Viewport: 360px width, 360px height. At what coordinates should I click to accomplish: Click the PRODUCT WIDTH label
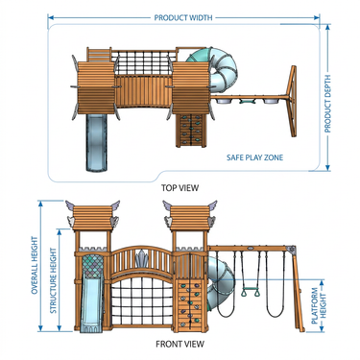pyautogui.click(x=183, y=17)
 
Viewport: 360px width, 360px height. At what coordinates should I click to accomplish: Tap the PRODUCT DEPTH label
pyautogui.click(x=327, y=104)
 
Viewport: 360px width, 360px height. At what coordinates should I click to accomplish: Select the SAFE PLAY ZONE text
pyautogui.click(x=254, y=157)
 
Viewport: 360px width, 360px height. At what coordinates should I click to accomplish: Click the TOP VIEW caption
pyautogui.click(x=180, y=187)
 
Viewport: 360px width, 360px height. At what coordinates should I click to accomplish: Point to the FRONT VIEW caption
pyautogui.click(x=180, y=344)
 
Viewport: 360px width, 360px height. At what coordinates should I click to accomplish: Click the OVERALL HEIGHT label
pyautogui.click(x=35, y=265)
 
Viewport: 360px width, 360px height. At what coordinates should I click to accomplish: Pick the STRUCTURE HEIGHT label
pyautogui.click(x=53, y=280)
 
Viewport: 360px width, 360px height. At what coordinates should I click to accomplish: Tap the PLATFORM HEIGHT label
pyautogui.click(x=319, y=306)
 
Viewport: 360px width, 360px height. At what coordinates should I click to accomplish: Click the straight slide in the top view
pyautogui.click(x=96, y=142)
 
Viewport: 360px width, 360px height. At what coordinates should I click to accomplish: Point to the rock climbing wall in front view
pyautogui.click(x=191, y=305)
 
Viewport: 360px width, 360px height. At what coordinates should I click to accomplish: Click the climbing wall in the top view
pyautogui.click(x=191, y=131)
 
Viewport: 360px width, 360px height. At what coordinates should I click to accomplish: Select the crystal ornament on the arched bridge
pyautogui.click(x=141, y=259)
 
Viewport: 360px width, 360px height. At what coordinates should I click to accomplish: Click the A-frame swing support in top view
pyautogui.click(x=293, y=101)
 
